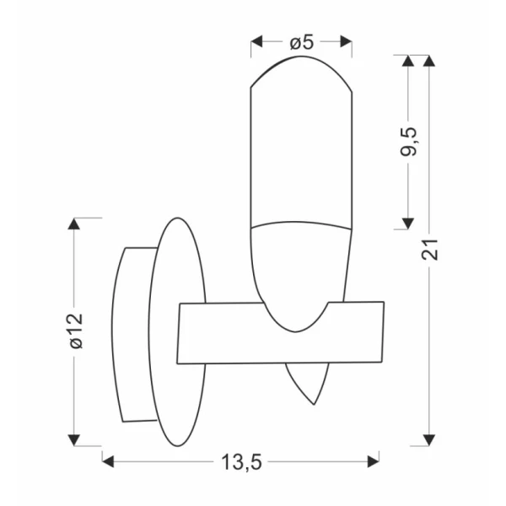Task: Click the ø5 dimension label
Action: [301, 43]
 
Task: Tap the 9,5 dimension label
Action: [408, 142]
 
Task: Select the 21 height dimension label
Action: [429, 250]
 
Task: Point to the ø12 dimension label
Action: [77, 331]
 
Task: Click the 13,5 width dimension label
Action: [241, 462]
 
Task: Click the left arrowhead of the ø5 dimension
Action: [256, 41]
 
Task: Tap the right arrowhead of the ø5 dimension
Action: [346, 41]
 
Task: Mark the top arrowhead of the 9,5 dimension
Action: [408, 61]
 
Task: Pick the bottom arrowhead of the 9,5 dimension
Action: [408, 223]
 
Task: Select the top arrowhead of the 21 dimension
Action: [429, 61]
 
